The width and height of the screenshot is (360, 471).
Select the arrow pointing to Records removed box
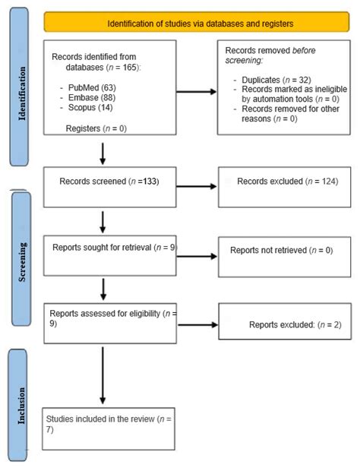pos(196,93)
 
